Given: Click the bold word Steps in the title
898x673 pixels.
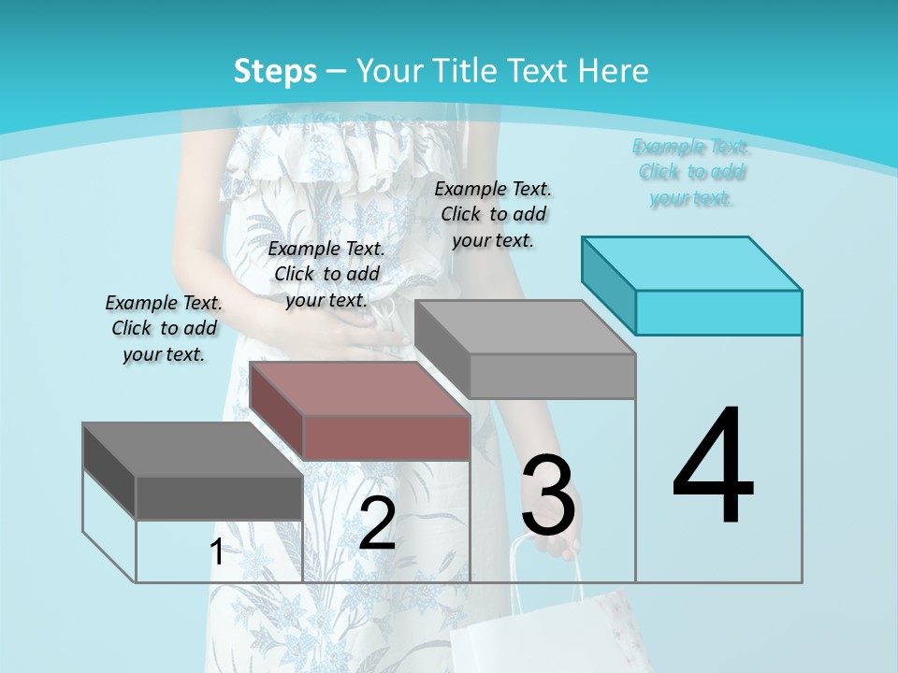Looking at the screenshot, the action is point(275,71).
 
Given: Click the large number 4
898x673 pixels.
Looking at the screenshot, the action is point(713,467).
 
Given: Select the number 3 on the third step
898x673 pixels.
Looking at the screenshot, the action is point(548,495).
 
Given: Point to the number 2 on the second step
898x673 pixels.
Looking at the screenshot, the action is point(377,523).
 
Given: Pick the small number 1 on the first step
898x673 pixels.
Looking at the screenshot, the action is point(216,552).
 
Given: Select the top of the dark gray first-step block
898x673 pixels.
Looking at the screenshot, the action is point(193,449).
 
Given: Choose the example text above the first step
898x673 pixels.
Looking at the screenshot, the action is point(164,328).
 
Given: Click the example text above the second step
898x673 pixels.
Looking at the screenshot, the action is point(326,274).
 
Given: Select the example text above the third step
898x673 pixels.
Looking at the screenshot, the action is point(493,214).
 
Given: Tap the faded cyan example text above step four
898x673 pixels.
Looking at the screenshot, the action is point(691,172).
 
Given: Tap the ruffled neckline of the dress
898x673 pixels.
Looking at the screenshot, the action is point(309,150).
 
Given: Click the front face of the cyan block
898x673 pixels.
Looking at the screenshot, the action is point(718,312).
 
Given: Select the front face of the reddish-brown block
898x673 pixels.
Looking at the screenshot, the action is point(386,437).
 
